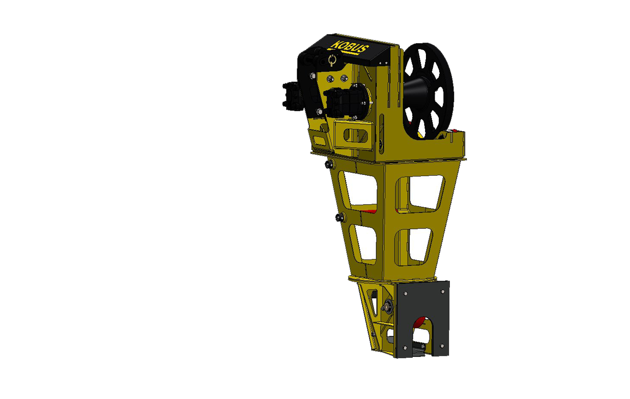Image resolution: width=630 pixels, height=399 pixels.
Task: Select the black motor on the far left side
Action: click(293, 96)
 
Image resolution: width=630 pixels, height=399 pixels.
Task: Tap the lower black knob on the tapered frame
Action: click(340, 217)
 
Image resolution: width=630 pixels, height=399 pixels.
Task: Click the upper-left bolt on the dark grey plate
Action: click(405, 294)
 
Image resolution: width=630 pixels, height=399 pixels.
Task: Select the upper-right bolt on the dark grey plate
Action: click(442, 292)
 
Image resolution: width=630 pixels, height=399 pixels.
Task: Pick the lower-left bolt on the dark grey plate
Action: click(405, 348)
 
